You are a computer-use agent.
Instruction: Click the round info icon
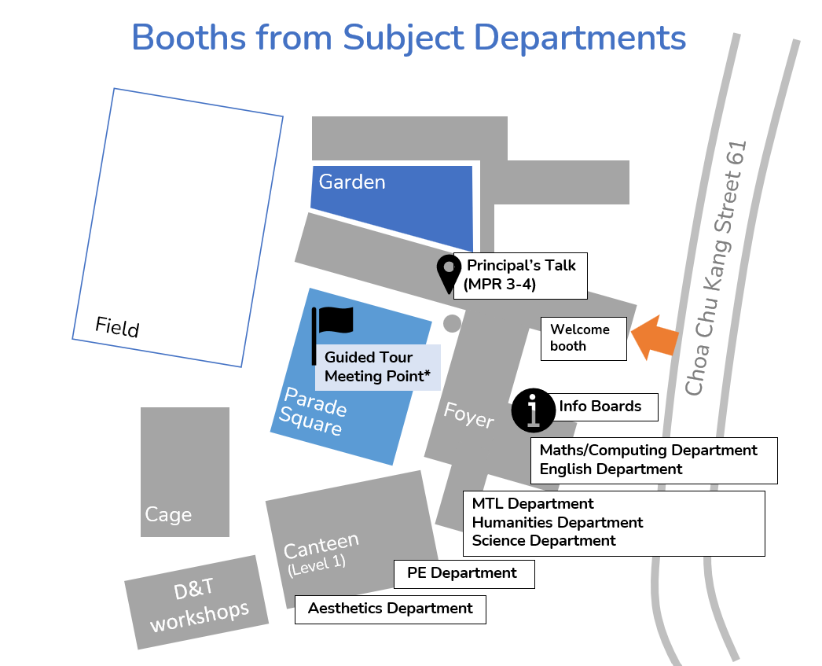pyautogui.click(x=534, y=410)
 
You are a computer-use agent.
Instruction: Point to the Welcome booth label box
pyautogui.click(x=584, y=338)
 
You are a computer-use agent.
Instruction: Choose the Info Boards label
pyautogui.click(x=600, y=407)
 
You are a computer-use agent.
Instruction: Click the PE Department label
pyautogui.click(x=463, y=573)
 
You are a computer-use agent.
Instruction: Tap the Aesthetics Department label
pyautogui.click(x=391, y=609)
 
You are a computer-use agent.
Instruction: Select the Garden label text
pyautogui.click(x=352, y=182)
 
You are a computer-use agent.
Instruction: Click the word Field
pyautogui.click(x=117, y=326)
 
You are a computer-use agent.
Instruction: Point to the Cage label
pyautogui.click(x=168, y=514)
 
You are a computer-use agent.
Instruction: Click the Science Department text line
pyautogui.click(x=544, y=541)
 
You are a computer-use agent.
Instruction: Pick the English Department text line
pyautogui.click(x=611, y=469)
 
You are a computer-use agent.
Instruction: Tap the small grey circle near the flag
pyautogui.click(x=452, y=322)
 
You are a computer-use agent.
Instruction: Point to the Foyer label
pyautogui.click(x=468, y=414)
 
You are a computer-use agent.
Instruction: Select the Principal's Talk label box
pyautogui.click(x=521, y=275)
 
